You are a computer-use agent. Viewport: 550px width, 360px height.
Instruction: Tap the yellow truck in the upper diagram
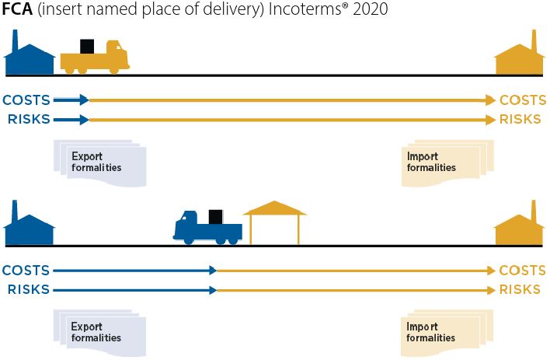coord(95,59)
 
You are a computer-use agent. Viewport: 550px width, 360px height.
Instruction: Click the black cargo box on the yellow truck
coord(88,47)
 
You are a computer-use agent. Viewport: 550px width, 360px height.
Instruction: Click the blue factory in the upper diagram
coord(29,58)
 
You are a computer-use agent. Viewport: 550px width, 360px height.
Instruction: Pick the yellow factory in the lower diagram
coord(519,229)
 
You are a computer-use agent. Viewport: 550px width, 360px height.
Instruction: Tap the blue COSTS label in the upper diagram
coord(26,100)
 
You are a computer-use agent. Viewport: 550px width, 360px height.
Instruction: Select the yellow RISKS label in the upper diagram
coord(520,119)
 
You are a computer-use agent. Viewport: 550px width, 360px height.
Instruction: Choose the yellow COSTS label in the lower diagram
coord(522,270)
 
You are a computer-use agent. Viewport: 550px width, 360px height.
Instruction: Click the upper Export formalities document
coord(99,163)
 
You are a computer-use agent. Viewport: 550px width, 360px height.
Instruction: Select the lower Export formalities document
coord(99,333)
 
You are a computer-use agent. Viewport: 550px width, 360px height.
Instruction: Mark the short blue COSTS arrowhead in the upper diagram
coord(85,100)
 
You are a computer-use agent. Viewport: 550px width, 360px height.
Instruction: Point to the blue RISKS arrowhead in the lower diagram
coord(212,289)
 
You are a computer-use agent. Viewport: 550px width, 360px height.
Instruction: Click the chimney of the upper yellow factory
coord(534,39)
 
